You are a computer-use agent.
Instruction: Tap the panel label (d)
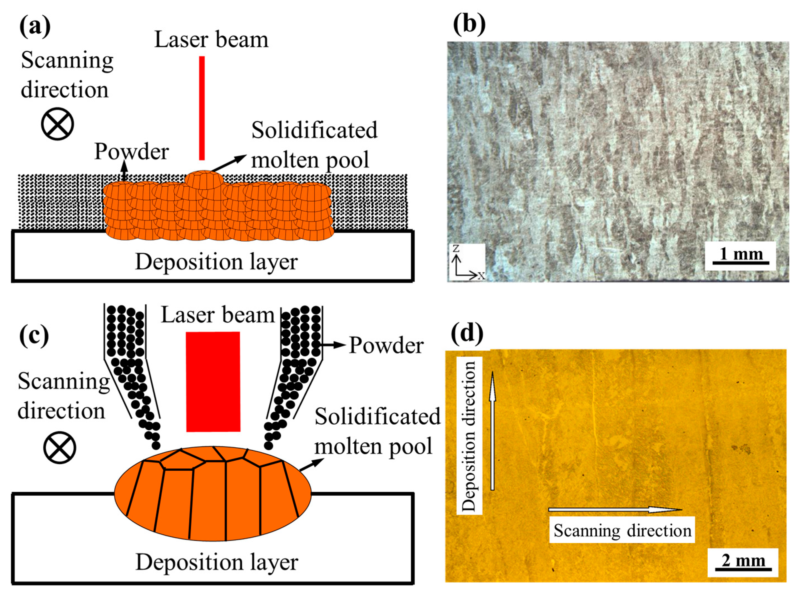(x=467, y=333)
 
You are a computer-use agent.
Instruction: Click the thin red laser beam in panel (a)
(x=202, y=108)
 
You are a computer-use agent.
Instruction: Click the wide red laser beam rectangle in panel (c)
(x=213, y=382)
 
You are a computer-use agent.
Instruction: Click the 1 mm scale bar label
(x=741, y=254)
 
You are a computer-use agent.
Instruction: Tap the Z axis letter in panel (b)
(x=456, y=248)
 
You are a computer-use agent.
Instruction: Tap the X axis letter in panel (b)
(x=481, y=276)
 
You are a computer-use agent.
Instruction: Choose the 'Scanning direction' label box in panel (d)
(x=622, y=531)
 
